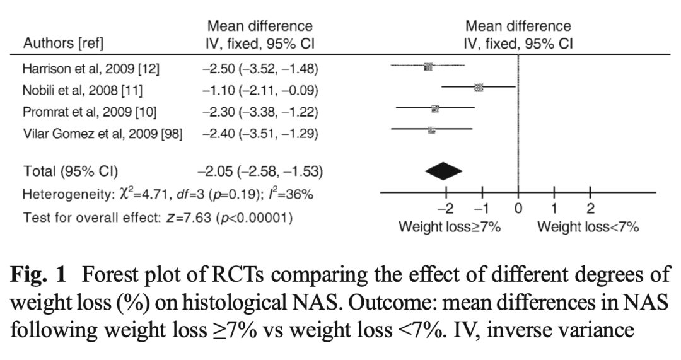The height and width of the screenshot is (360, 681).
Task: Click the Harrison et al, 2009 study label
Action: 91,69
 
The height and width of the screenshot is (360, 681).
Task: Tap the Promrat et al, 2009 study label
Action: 90,112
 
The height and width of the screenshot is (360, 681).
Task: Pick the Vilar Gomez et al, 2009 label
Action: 103,133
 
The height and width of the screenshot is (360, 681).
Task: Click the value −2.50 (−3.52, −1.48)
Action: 260,69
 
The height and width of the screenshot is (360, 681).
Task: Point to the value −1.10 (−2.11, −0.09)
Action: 260,90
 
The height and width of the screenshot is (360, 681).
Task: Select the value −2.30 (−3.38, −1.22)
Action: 260,112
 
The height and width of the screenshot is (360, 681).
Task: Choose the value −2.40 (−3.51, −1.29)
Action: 260,133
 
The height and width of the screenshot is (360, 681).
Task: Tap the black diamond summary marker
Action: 443,170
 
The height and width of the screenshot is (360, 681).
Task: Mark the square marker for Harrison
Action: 428,66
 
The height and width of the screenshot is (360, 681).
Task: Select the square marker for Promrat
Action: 435,108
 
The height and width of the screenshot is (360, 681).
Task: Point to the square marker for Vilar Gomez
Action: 431,130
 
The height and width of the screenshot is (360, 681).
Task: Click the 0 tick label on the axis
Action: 518,209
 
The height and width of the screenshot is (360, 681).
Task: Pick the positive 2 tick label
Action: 590,209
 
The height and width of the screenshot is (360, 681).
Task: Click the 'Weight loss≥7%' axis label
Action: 450,227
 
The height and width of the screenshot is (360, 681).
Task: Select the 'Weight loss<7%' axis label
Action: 588,227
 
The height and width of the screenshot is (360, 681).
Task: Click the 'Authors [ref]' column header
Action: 63,44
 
